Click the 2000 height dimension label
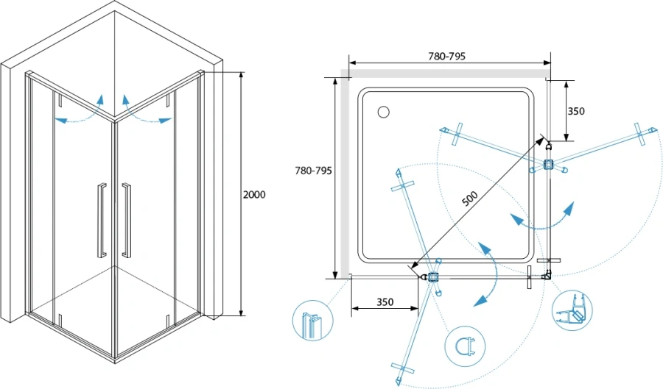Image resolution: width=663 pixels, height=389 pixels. click(253, 194)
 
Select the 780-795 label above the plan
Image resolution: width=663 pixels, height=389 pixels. click(446, 56)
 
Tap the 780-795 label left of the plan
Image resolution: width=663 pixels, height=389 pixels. click(313, 171)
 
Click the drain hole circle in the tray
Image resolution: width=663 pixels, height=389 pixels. click(382, 112)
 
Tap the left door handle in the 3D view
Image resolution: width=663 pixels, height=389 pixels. click(101, 220)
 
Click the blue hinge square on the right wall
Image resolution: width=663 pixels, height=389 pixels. click(547, 165)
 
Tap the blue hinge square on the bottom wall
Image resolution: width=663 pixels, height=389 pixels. click(433, 277)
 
